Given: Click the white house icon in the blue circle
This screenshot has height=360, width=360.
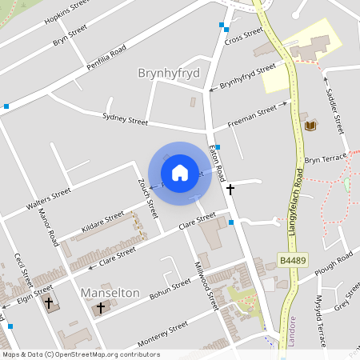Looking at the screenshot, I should (179, 173).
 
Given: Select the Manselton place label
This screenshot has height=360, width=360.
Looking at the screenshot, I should (110, 293).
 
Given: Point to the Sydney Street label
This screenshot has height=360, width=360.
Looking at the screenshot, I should (126, 119).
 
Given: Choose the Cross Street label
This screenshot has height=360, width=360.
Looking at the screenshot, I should (244, 36).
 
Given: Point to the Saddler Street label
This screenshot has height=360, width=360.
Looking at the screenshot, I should (334, 106).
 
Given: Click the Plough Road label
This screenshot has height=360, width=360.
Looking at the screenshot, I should (334, 264).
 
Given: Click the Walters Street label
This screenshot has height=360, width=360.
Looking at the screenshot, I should (48, 199).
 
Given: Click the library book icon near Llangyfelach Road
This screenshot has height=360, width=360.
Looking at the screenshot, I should (310, 126).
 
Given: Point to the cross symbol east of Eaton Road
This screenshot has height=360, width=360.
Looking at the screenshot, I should (230, 190).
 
